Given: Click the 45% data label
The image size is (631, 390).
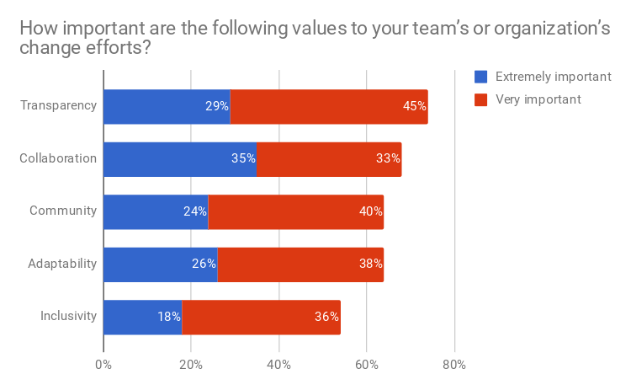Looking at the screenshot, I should click(x=415, y=107).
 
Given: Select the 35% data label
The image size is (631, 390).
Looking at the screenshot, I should click(x=244, y=159).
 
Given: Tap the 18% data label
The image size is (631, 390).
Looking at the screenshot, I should click(x=168, y=318).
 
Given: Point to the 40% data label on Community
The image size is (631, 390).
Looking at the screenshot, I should click(x=371, y=212).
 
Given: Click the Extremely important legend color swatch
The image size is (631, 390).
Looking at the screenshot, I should click(x=481, y=77).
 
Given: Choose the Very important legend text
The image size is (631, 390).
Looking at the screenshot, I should click(x=538, y=99).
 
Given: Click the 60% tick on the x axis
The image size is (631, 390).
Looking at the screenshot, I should click(x=367, y=365).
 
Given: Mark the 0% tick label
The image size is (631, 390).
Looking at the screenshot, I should click(x=103, y=365).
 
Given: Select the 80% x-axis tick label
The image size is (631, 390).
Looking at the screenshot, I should click(x=454, y=365).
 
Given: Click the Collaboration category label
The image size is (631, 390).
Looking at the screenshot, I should click(x=58, y=159).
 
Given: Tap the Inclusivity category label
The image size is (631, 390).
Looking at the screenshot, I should click(x=69, y=318).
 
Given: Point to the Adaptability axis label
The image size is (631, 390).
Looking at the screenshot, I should click(x=62, y=264).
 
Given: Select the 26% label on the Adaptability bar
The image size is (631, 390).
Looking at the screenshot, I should click(x=204, y=264).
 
